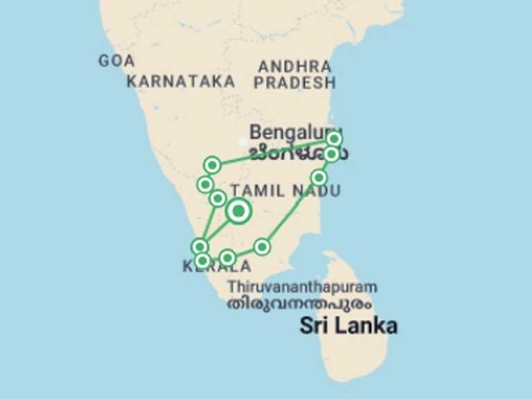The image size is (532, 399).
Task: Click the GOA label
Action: coord(116,61)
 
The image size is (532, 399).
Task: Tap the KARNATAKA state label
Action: coord(181,82)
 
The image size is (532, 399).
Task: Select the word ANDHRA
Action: coord(294,67)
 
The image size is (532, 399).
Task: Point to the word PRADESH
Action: coord(294,84)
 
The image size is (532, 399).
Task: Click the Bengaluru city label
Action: coord(291,132)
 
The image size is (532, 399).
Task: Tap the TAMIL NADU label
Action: coord(285,190)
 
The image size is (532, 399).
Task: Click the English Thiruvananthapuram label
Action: coord(303,287)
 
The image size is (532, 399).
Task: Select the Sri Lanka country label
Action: coord(348,326)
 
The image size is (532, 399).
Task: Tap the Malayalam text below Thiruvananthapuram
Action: coord(299,303)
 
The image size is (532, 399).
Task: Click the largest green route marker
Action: coord(238,211)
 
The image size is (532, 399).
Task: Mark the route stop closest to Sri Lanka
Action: coord(262,246)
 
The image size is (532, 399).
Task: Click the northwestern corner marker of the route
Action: coord(213,165)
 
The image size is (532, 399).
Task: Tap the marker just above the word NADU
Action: coord(319,177)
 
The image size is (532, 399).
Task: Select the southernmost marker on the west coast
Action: coord(202,260)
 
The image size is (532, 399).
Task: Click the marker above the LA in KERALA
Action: coord(227,258)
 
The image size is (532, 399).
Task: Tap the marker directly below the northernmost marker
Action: coord(332,154)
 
